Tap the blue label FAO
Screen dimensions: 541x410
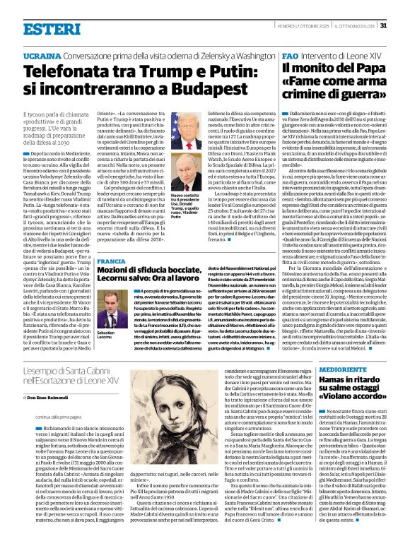click(290, 54)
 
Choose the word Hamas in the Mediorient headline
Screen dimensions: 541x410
click(300, 382)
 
